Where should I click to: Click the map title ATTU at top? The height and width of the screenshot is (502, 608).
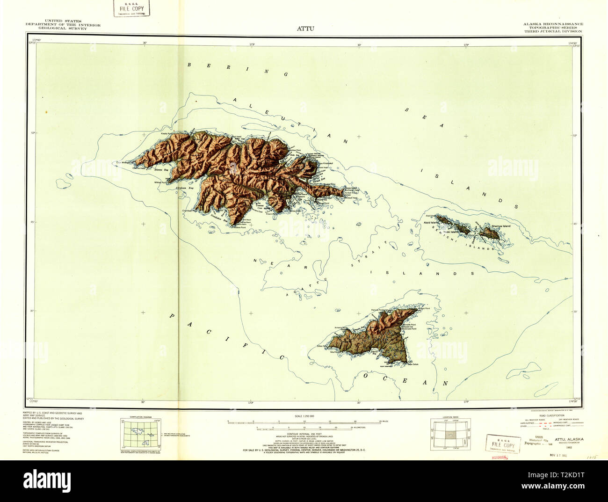coord(305,28)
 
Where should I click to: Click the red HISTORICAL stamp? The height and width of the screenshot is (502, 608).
coord(499,458)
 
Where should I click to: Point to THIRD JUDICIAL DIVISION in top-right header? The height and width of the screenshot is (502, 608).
coord(553,31)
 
